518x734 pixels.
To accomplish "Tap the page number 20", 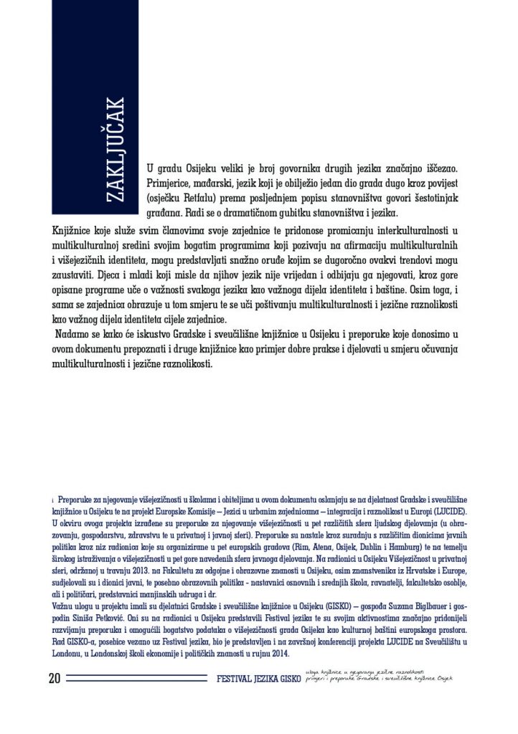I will pyautogui.click(x=55, y=678).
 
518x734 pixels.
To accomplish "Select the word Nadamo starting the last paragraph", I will pyautogui.click(x=74, y=335).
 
